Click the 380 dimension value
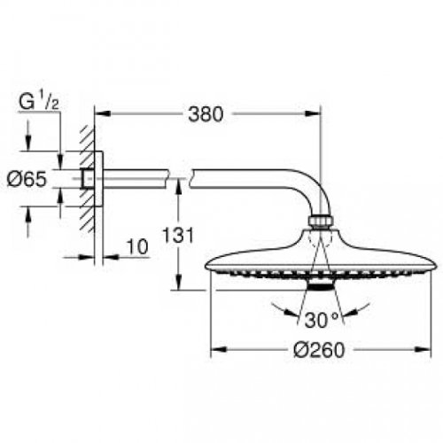click(x=205, y=114)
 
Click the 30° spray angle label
click(x=319, y=318)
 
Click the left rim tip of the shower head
click(x=209, y=265)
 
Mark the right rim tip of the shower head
click(x=434, y=265)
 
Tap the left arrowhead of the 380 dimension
click(x=99, y=113)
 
